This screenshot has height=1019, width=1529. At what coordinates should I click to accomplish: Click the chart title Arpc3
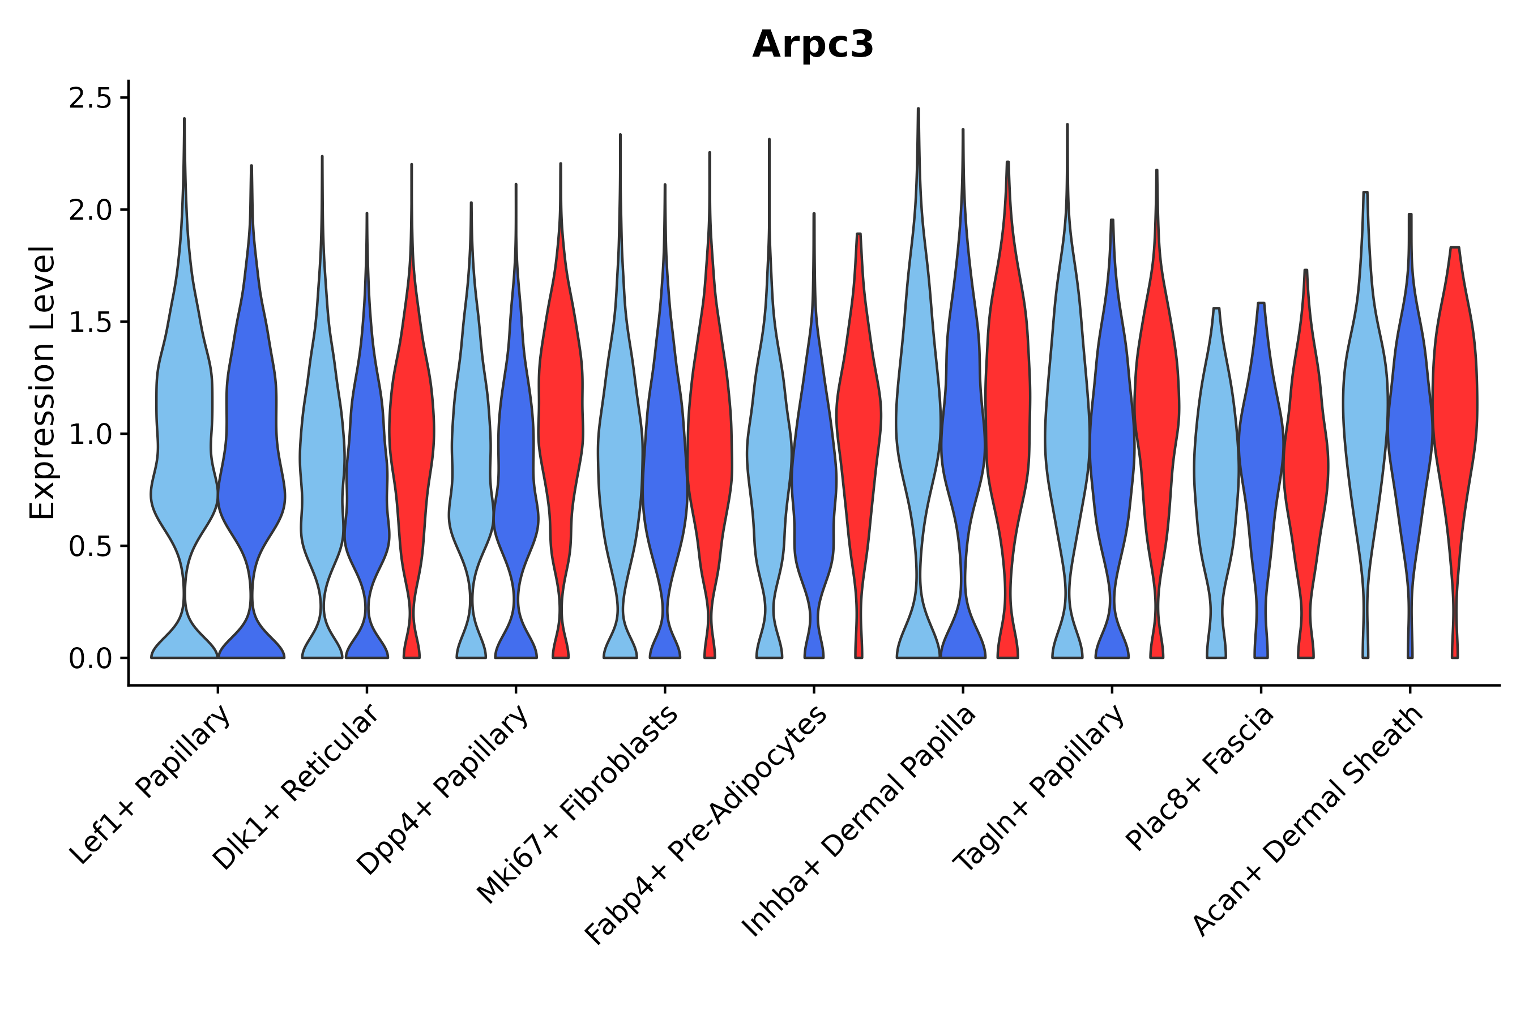pyautogui.click(x=813, y=45)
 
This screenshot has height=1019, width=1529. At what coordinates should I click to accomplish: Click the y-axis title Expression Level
pyautogui.click(x=42, y=382)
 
